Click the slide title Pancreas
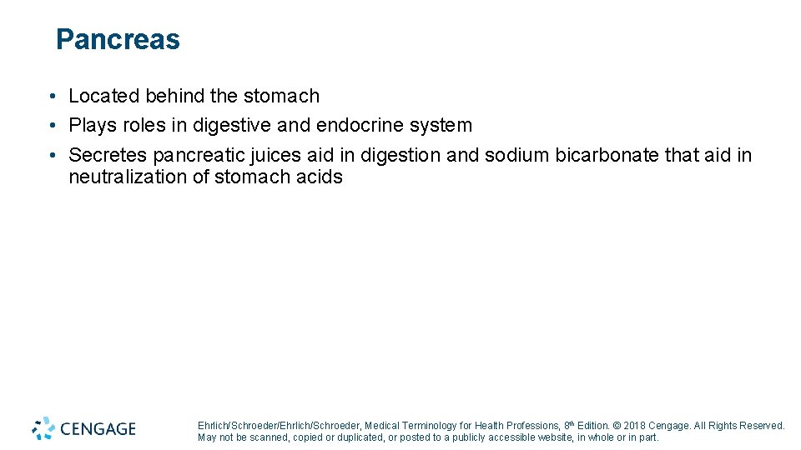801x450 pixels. [x=118, y=40]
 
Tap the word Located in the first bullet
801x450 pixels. [x=103, y=97]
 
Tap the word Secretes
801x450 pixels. [x=108, y=155]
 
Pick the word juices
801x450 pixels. [x=275, y=155]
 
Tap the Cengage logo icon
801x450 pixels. [x=44, y=427]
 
